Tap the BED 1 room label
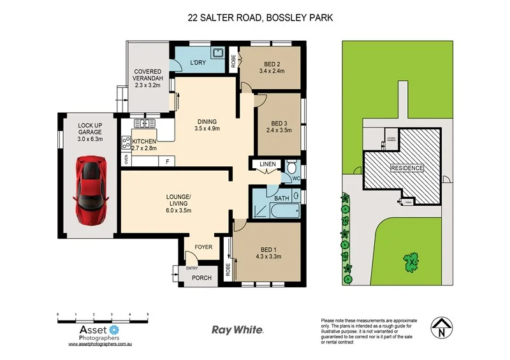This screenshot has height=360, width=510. [x=267, y=249]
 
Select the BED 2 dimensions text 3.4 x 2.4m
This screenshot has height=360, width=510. [x=272, y=71]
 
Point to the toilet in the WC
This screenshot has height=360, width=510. [x=293, y=169]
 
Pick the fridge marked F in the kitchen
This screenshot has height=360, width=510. [x=167, y=161]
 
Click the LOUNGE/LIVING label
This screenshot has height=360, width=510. [x=178, y=201]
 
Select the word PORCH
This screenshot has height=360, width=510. [x=201, y=277]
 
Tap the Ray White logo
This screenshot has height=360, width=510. [x=237, y=329]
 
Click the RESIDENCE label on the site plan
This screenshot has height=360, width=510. [x=407, y=168]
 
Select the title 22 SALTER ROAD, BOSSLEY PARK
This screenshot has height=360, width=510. [x=259, y=18]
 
